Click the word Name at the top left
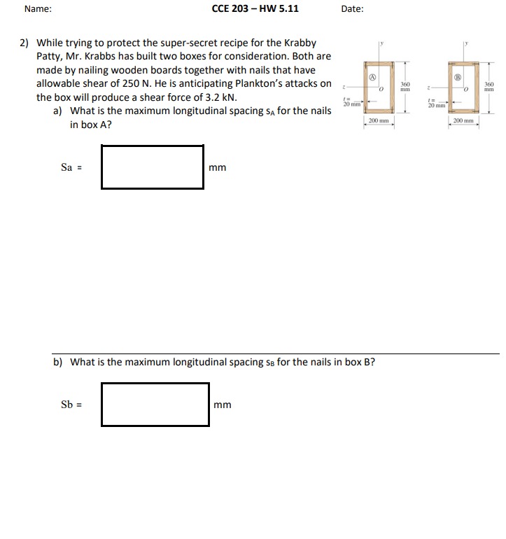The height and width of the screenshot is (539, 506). click(37, 9)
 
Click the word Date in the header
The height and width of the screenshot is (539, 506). click(352, 9)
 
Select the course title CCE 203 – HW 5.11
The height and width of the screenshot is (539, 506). click(255, 9)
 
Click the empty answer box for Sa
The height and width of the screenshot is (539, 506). click(152, 167)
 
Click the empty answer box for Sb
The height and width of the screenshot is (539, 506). click(155, 404)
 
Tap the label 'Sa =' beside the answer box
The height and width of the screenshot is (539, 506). click(71, 167)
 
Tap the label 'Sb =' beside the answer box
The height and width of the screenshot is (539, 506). click(72, 404)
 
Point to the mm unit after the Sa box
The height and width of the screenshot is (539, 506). click(217, 167)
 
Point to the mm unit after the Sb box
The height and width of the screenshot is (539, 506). click(223, 405)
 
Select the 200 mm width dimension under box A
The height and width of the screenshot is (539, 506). click(379, 121)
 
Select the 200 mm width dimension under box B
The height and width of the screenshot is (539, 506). click(464, 121)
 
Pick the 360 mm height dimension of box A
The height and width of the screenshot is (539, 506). click(405, 87)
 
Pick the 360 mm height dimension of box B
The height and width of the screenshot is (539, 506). click(489, 87)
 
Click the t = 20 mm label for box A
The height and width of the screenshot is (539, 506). click(348, 101)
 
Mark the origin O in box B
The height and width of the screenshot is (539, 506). click(466, 90)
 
